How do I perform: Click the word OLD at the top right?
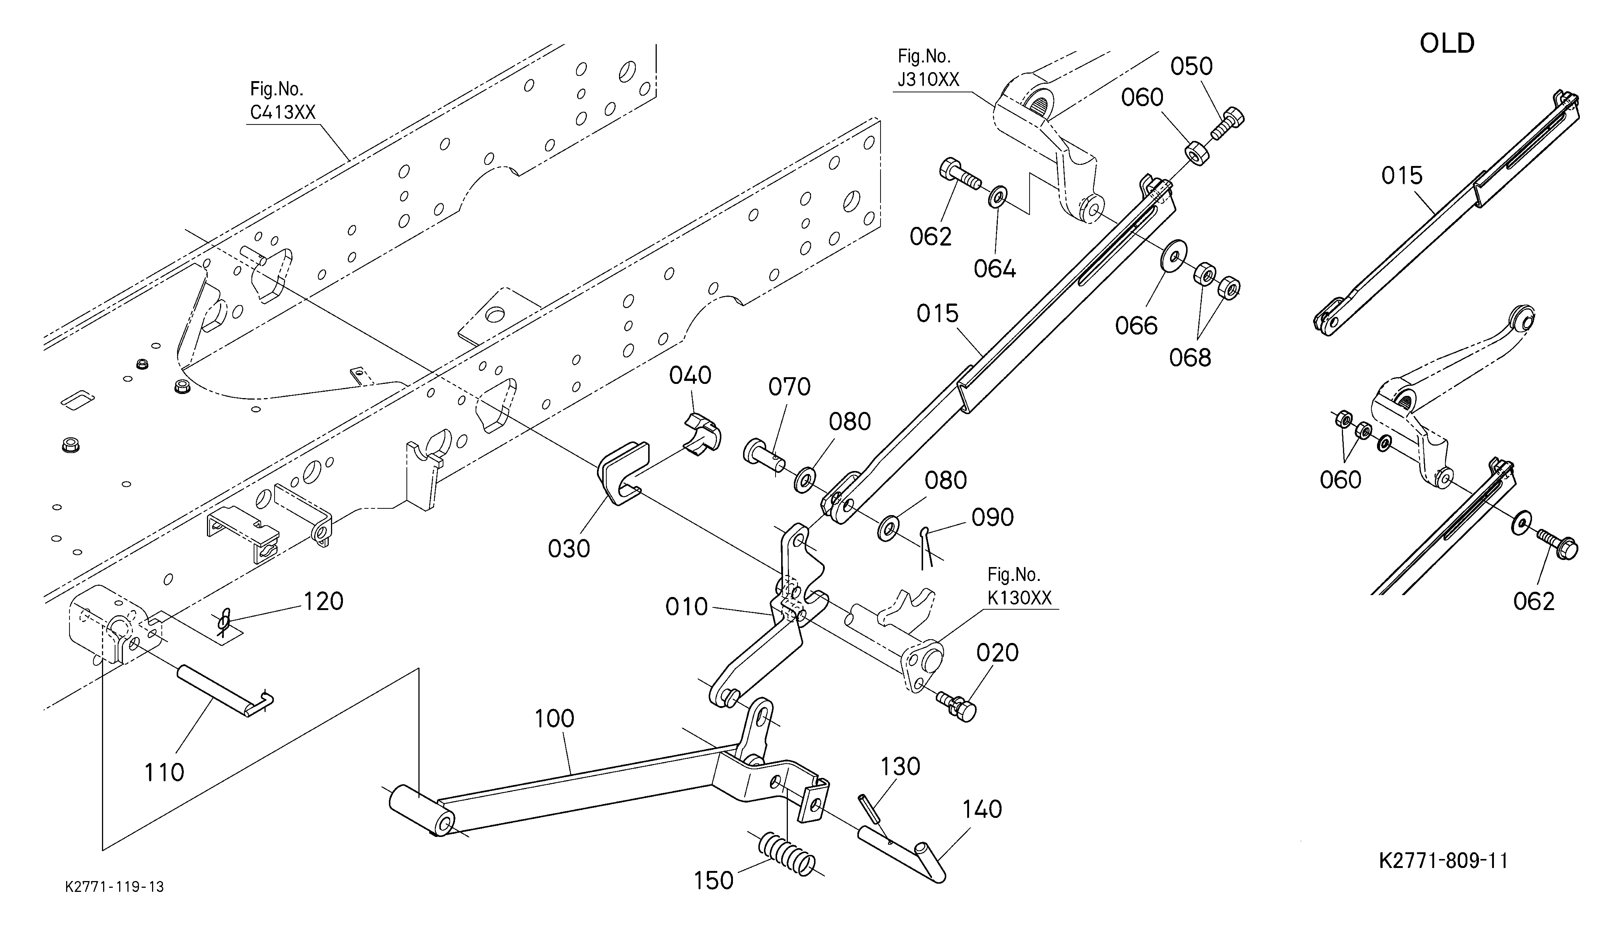pos(1447,43)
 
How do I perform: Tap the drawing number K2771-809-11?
pos(1443,861)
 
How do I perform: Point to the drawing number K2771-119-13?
pos(115,887)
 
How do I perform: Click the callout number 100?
pos(554,718)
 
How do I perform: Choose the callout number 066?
pos(1136,326)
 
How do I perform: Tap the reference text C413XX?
pos(283,112)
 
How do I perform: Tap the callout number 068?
pos(1190,358)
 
